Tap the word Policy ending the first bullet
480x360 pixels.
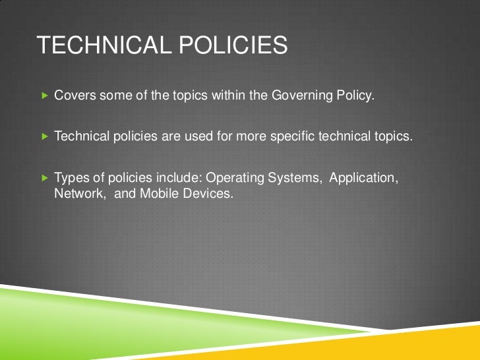(356, 96)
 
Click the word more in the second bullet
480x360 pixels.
(253, 137)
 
